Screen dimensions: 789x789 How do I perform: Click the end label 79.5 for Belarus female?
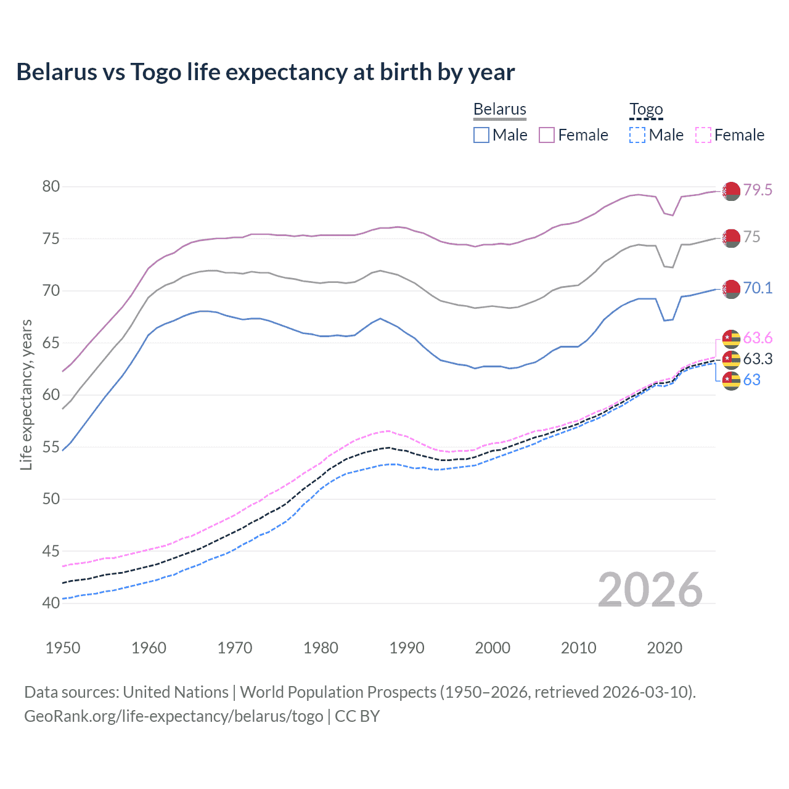pos(758,190)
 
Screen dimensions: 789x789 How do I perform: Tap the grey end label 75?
pos(751,237)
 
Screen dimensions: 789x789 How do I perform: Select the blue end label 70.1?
pos(758,288)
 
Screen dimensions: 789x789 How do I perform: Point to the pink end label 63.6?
pos(758,338)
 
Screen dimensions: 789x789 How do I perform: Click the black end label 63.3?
pos(758,359)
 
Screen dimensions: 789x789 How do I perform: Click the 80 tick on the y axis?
pos(51,186)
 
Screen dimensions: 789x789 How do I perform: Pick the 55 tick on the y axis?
pos(51,447)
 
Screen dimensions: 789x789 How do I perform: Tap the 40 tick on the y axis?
pos(51,603)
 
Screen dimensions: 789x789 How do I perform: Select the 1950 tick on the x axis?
pos(63,648)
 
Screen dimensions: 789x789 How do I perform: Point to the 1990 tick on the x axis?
pos(407,648)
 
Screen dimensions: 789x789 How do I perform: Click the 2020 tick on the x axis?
pos(664,648)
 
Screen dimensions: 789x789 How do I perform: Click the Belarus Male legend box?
pos(481,135)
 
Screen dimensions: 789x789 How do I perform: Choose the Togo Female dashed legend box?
pos(703,135)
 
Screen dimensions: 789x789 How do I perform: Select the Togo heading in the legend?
pos(646,109)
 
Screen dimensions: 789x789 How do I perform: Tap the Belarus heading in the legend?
pos(500,109)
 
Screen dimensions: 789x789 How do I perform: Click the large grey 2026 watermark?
pos(650,590)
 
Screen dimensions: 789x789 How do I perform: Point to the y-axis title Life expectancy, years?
pos(26,394)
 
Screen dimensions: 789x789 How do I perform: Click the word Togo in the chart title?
pos(155,72)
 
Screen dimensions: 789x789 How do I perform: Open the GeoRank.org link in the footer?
pos(173,716)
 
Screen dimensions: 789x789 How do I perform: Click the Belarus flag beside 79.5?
pos(731,191)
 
